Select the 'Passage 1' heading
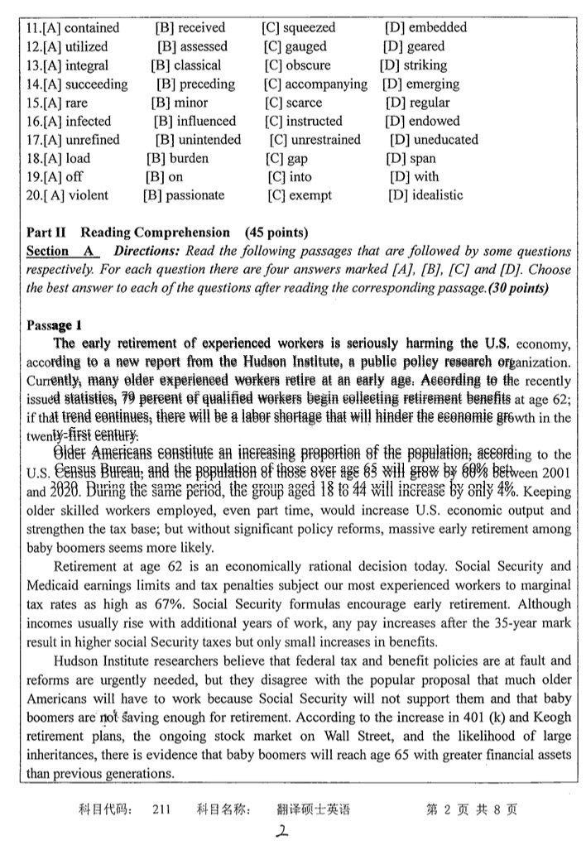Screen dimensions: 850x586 pos(54,324)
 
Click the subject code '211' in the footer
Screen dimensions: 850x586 pos(161,809)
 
